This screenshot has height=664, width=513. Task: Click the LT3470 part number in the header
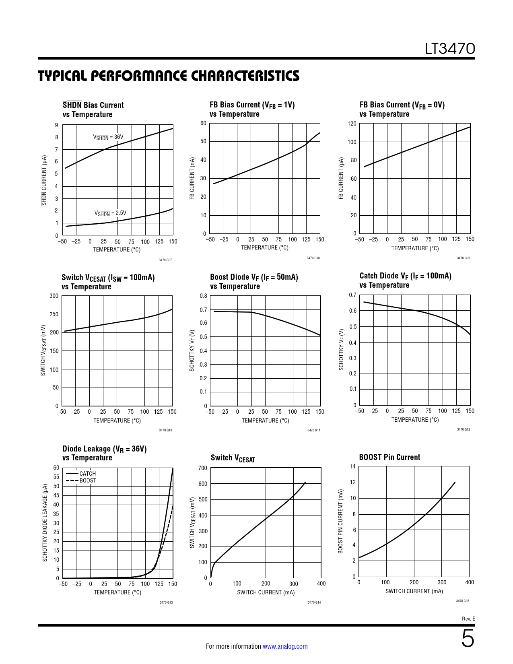(450, 49)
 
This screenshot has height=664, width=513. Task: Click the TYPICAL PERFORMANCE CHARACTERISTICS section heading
(169, 76)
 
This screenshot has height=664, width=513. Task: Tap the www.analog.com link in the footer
(285, 646)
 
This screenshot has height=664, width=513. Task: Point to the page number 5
(468, 639)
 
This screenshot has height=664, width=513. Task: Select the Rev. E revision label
(468, 619)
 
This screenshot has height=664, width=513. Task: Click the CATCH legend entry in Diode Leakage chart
(87, 474)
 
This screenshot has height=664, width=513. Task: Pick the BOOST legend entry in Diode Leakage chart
(88, 480)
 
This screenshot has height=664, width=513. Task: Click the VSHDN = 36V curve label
(108, 137)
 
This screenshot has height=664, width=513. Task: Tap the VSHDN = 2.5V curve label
(110, 213)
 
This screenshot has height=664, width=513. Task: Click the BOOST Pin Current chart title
(389, 457)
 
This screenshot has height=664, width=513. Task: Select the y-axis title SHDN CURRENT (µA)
(44, 180)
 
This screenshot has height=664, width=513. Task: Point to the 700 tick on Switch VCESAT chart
(203, 468)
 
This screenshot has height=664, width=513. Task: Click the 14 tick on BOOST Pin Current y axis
(353, 467)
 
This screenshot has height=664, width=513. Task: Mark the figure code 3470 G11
(314, 430)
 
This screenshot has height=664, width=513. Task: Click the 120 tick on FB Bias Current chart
(352, 124)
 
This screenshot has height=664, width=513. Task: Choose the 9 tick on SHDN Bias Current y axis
(57, 125)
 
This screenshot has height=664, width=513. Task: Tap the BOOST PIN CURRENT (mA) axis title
(341, 522)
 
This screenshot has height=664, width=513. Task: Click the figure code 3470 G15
(463, 601)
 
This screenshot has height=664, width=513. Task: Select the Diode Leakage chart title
(104, 453)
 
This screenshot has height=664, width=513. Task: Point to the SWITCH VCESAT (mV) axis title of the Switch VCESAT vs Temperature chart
(43, 351)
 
